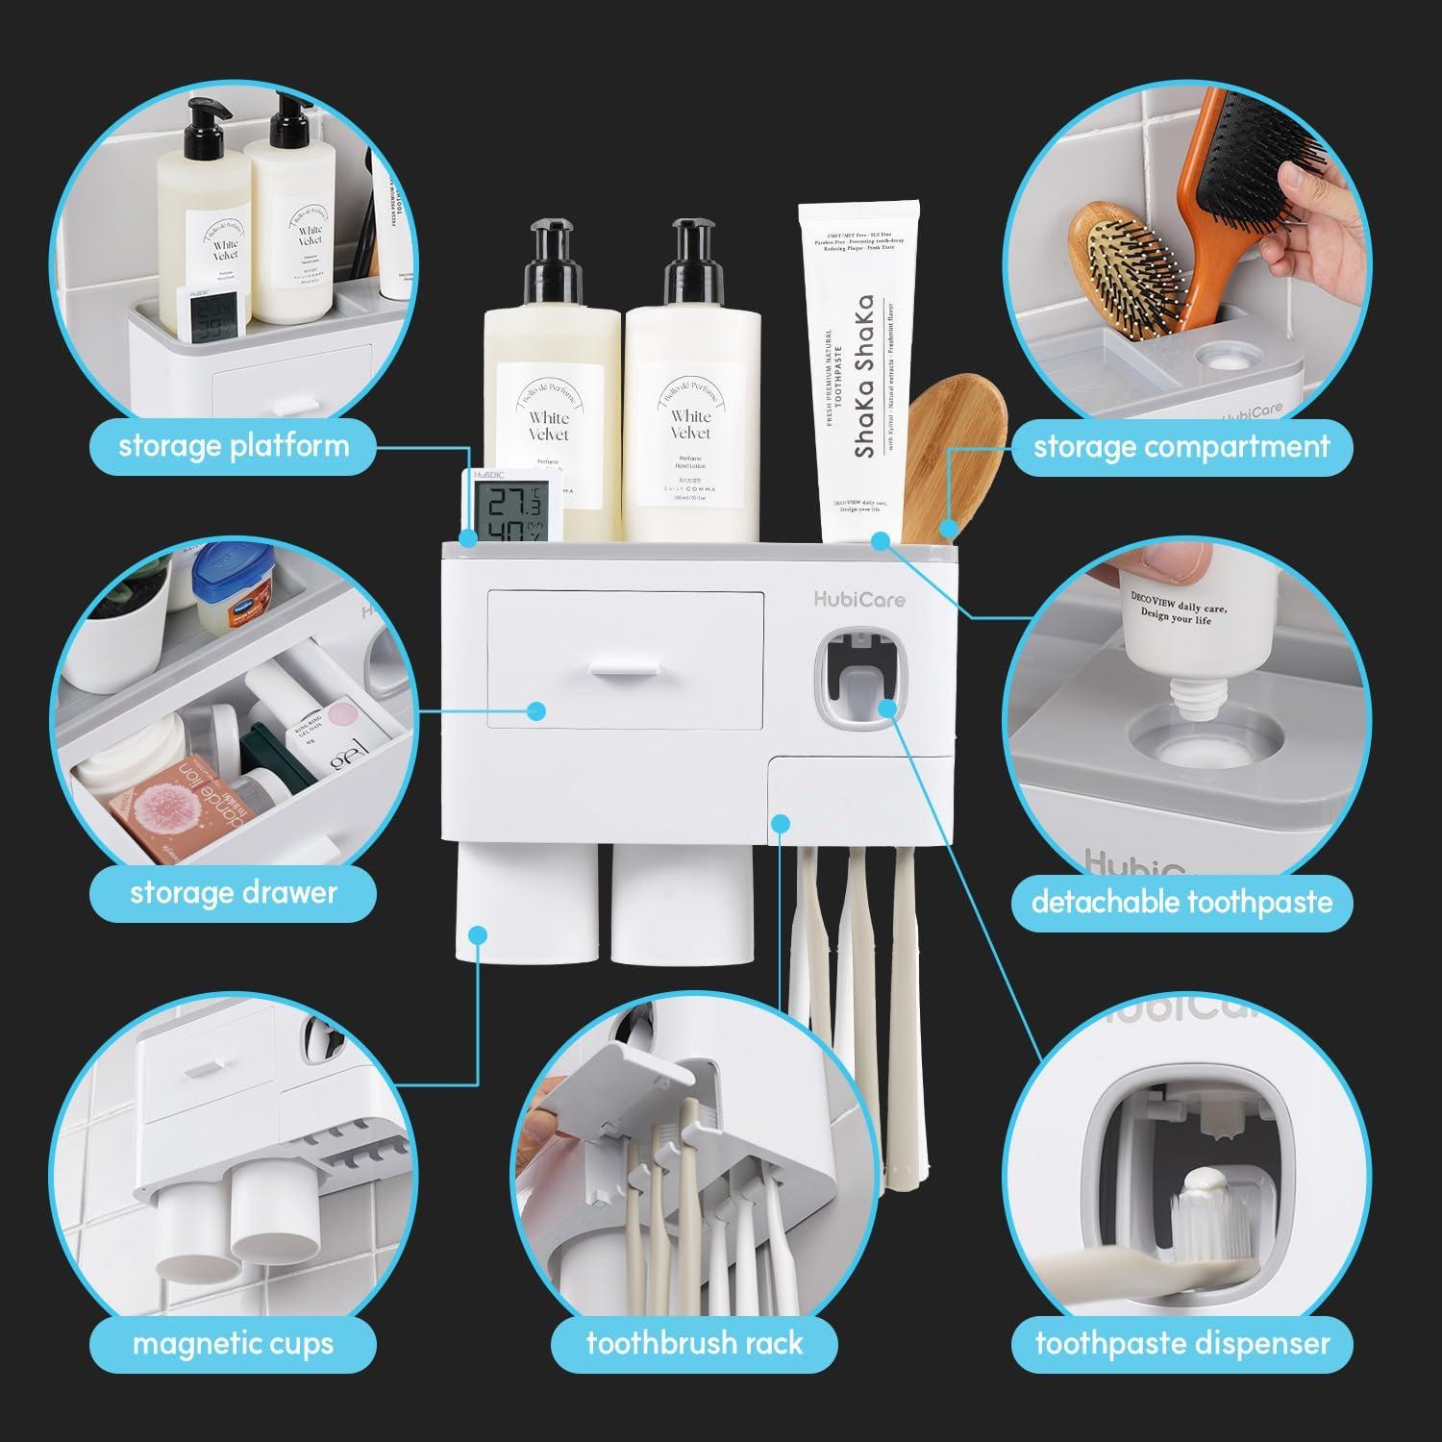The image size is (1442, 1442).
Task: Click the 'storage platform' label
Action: point(234,446)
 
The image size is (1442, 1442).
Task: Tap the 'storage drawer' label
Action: point(234,892)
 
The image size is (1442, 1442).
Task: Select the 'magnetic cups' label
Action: point(234,1342)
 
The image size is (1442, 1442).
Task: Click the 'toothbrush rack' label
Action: point(694,1342)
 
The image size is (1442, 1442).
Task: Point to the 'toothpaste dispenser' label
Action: point(1182,1342)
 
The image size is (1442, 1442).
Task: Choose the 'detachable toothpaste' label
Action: point(1181,902)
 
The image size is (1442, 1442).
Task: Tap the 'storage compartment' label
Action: point(1181,446)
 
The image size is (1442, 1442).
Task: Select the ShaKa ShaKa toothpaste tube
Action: point(858,375)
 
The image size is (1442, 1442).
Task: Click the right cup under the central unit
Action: point(681,904)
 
